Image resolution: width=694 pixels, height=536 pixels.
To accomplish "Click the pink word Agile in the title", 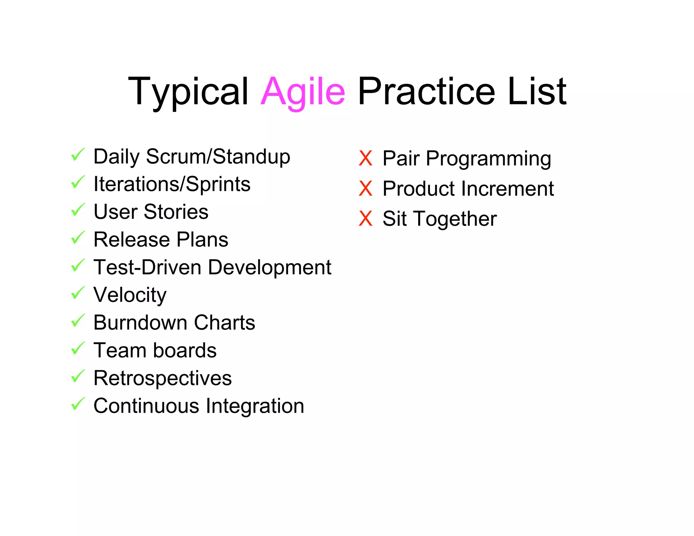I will tap(303, 91).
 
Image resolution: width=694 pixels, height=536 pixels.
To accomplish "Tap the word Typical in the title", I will tap(188, 91).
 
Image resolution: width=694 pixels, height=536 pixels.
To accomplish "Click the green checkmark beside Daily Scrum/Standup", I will tap(78, 155).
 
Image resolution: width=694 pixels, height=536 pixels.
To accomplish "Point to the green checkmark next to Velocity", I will tap(78, 293).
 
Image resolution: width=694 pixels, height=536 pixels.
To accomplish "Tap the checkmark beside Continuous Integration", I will tap(78, 404).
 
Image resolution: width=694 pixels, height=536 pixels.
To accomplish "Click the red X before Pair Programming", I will tap(365, 158).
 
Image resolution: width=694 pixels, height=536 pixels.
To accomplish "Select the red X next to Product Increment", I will tap(365, 188).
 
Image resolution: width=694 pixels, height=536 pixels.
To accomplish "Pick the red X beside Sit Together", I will tap(365, 219).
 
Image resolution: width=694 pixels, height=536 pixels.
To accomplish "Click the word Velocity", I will tap(130, 295).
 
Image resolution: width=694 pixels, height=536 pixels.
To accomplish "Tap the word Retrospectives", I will tap(162, 378).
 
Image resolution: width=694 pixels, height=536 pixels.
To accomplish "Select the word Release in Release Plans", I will tap(131, 240).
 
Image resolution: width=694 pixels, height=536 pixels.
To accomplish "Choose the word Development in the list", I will tap(269, 267).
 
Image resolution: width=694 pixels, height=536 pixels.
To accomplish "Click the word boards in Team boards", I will tap(185, 350).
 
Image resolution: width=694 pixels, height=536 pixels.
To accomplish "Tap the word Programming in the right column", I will tap(488, 159).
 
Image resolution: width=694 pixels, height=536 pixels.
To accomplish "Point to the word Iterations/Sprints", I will tap(172, 184).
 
